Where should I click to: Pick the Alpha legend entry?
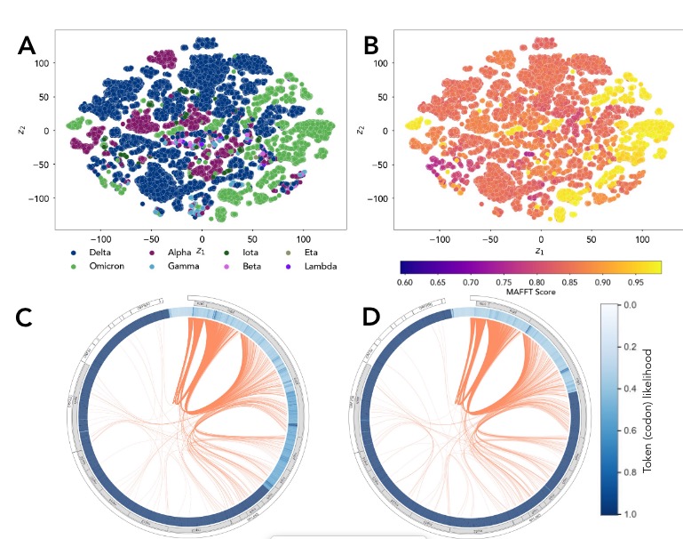click(181, 252)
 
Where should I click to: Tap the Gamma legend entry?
click(185, 266)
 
